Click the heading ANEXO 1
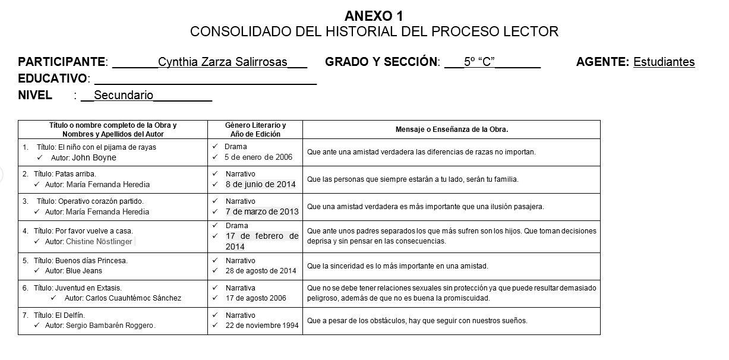374,16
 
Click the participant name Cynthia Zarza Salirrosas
223,62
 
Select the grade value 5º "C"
479,62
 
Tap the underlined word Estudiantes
664,62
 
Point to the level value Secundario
124,96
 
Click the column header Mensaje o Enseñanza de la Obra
452,130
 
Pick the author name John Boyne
94,158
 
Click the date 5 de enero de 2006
258,157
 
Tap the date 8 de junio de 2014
260,184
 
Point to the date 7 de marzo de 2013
262,211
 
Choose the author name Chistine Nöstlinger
99,242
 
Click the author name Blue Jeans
84,271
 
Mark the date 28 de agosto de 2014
261,271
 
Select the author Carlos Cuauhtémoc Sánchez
133,298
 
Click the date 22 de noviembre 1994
262,326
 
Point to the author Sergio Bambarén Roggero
110,326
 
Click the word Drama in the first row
236,147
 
